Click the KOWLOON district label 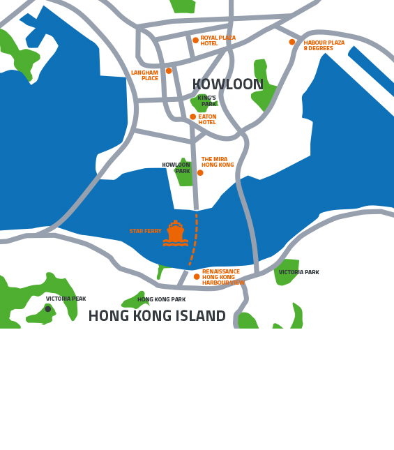coord(227,85)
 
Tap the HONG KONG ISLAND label coord(157,317)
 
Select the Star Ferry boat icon coord(175,233)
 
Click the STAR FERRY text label coord(145,231)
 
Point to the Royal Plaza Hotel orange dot coord(195,40)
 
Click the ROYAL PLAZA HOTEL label coord(218,40)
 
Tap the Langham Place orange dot coord(169,70)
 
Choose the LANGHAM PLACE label coord(145,75)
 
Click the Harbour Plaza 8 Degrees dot coord(292,42)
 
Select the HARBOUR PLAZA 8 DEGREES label coord(324,45)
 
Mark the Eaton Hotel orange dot coord(193,117)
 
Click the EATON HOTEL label coord(207,119)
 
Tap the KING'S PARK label coord(207,101)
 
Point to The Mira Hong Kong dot coord(200,172)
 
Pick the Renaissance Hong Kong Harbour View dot coord(197,276)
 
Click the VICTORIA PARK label coord(298,273)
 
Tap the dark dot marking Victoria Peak coord(48,308)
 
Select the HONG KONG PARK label coord(161,300)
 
